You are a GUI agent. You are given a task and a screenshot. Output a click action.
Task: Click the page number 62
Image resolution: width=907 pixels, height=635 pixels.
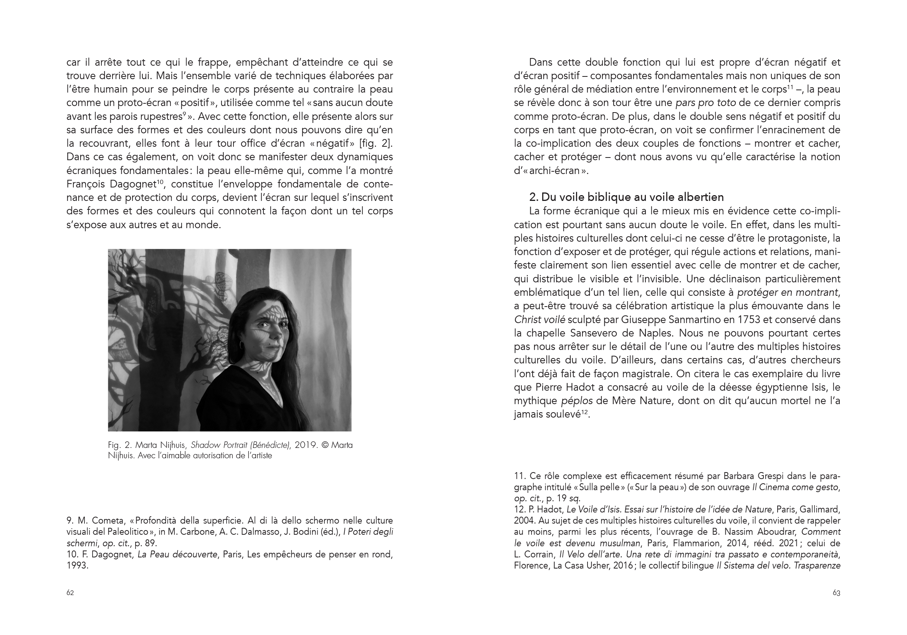coord(70,593)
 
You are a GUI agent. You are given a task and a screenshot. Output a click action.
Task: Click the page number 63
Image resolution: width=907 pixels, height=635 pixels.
coord(836,593)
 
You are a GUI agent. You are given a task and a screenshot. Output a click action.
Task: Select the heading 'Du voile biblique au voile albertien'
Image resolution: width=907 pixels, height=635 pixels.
coord(632,197)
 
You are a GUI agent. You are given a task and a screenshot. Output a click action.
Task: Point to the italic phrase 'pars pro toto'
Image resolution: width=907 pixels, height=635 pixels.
coord(705,103)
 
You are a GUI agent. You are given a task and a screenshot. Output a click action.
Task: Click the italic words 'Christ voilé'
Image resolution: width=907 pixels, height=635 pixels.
coord(539,319)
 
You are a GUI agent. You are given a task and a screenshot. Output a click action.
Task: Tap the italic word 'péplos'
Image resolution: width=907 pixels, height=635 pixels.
coord(577,401)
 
